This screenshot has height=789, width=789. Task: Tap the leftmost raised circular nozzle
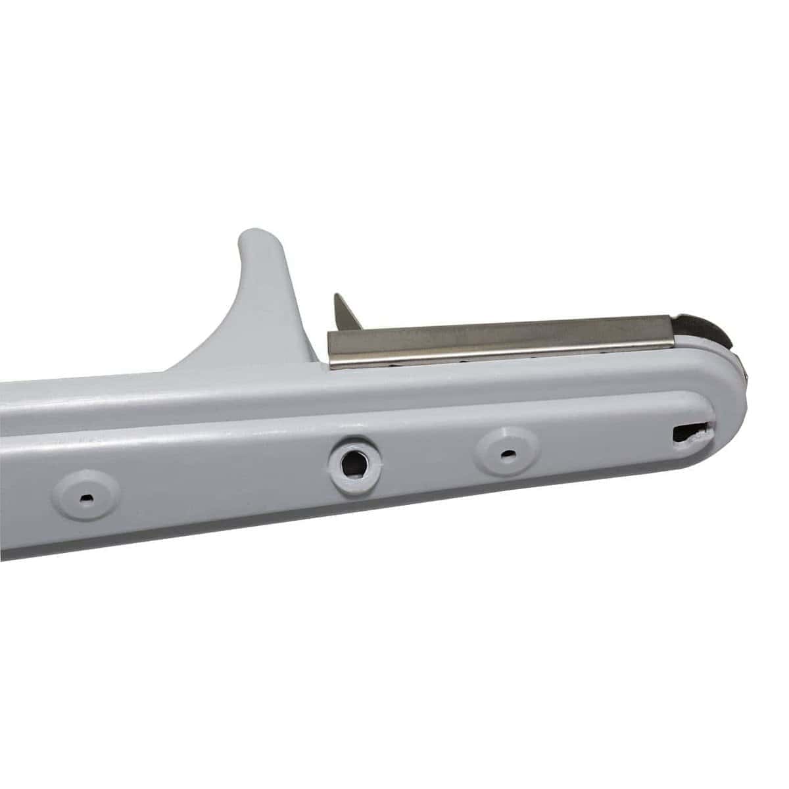tap(86, 496)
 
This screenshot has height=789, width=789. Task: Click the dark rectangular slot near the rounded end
tap(687, 433)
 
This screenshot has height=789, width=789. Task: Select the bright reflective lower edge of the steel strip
tap(500, 356)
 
